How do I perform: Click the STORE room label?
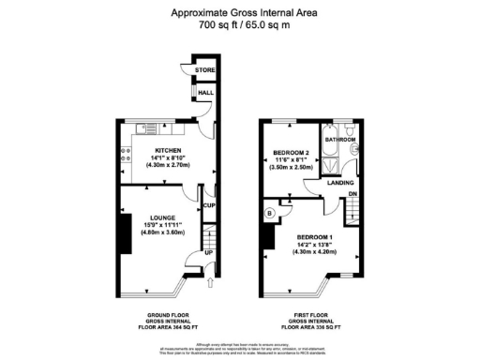[204, 70]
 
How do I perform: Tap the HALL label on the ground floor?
[204, 93]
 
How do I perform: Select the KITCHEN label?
[168, 150]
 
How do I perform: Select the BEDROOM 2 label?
[292, 153]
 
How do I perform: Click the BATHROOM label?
[340, 140]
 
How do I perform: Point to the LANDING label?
[339, 184]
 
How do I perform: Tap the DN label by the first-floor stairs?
[352, 195]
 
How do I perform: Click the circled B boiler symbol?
[270, 213]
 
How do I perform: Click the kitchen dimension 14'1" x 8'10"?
[168, 157]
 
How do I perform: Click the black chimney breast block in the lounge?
[124, 231]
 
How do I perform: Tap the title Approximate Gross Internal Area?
[239, 13]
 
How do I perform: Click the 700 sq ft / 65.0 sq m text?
[239, 25]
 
